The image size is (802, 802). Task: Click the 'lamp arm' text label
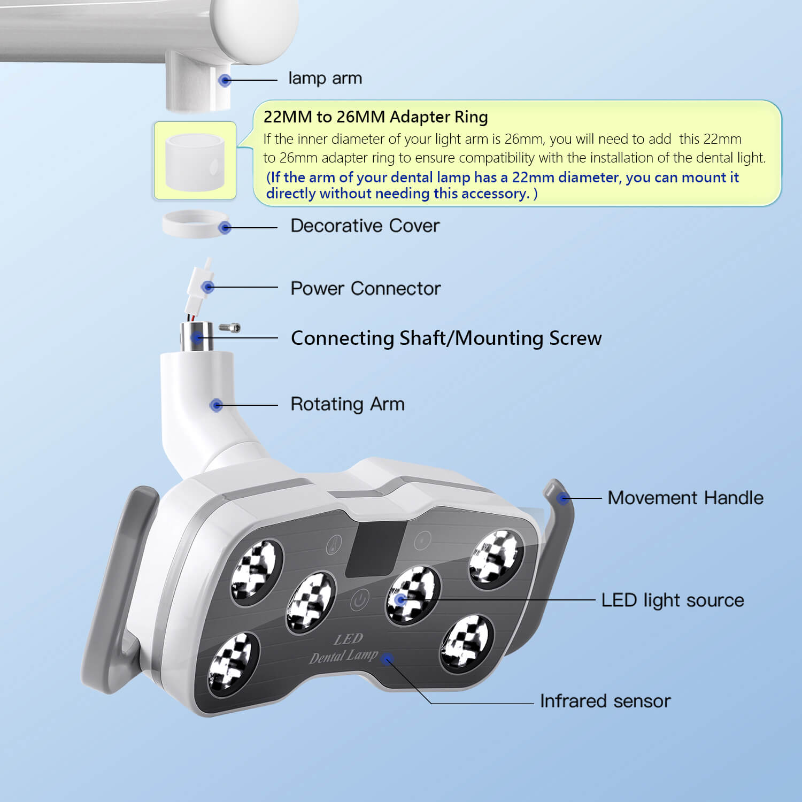[x=325, y=79]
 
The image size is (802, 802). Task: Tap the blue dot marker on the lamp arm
[x=225, y=80]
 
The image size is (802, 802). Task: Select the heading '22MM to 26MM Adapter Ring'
[x=375, y=117]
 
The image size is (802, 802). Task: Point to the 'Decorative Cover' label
[x=365, y=226]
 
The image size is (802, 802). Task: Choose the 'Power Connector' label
[x=365, y=288]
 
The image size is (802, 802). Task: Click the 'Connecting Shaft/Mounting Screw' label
[x=446, y=338]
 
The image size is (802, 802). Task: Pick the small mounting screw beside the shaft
[x=230, y=327]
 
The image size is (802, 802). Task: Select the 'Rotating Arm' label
[x=347, y=404]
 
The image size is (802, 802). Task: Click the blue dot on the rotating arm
[x=216, y=405]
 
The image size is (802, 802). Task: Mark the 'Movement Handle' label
[x=685, y=498]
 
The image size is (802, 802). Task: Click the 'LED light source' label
[x=672, y=600]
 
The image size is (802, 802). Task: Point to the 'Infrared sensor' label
[x=605, y=701]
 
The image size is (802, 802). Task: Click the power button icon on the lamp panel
[x=360, y=600]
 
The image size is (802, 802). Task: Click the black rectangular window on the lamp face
[x=374, y=549]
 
